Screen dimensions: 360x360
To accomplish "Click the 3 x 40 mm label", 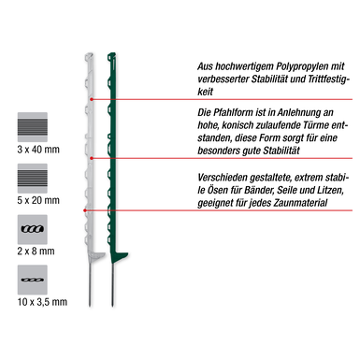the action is (38, 150).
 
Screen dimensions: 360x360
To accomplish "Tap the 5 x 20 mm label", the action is (38, 200).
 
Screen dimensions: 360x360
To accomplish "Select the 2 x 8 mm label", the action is (36, 251).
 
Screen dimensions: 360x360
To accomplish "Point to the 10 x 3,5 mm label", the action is (42, 302).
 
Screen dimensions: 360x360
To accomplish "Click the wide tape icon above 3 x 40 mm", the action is (33, 127).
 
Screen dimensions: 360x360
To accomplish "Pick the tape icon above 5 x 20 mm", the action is (33, 179).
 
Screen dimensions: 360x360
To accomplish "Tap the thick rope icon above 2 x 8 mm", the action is (33, 229).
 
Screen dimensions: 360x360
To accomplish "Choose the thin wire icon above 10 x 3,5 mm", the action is (33, 280).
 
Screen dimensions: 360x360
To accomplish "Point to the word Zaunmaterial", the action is (300, 203).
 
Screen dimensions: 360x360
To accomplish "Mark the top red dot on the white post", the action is (92, 99).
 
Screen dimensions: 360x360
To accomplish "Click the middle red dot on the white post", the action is (92, 158).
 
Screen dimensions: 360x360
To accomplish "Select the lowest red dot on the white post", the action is (85, 210).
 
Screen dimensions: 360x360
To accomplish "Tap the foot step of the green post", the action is (120, 255).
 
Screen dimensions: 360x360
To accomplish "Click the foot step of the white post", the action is (96, 255).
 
